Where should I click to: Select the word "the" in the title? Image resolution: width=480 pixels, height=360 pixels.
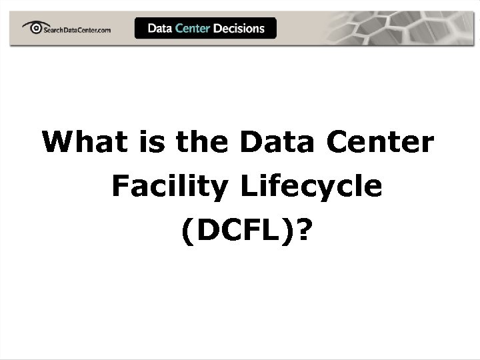tap(197, 142)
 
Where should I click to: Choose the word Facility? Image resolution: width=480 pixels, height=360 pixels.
tap(169, 187)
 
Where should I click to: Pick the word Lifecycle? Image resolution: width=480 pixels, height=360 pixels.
tap(311, 187)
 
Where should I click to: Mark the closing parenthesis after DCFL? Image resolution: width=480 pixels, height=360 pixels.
tap(291, 231)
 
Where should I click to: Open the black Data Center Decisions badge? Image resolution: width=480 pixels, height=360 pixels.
tap(205, 28)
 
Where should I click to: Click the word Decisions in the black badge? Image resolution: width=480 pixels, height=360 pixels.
tap(239, 28)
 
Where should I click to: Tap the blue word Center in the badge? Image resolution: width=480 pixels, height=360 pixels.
tap(193, 28)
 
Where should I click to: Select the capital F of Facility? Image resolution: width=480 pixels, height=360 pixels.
tap(120, 187)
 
